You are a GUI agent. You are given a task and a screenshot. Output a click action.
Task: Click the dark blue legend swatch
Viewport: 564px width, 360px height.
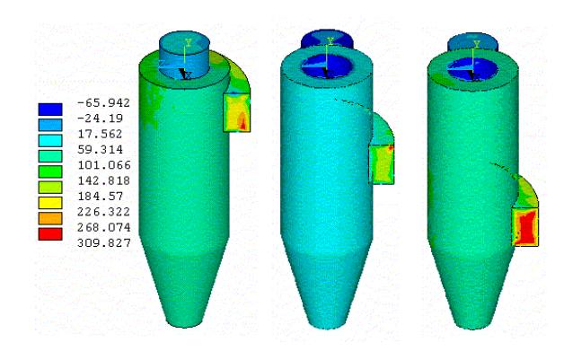[x=50, y=110]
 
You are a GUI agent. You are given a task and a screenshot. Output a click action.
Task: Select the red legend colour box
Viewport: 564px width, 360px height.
[x=50, y=234]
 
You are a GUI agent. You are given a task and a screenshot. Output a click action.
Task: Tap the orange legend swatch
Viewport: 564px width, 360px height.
[x=50, y=218]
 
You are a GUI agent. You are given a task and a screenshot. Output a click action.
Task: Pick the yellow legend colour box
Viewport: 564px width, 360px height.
[x=50, y=203]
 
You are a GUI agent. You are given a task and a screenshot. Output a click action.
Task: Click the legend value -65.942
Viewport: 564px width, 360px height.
[x=103, y=103]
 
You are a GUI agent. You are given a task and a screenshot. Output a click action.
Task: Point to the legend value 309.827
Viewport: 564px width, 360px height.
[x=104, y=243]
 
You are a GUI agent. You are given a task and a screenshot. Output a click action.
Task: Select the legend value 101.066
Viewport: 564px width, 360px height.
[x=104, y=165]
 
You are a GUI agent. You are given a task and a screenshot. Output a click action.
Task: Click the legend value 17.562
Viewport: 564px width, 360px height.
[x=100, y=134]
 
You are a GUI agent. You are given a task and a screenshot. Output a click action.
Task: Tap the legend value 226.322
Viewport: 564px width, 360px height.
[x=103, y=212]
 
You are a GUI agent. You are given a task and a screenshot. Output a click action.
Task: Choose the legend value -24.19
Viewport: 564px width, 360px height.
[x=101, y=119]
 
